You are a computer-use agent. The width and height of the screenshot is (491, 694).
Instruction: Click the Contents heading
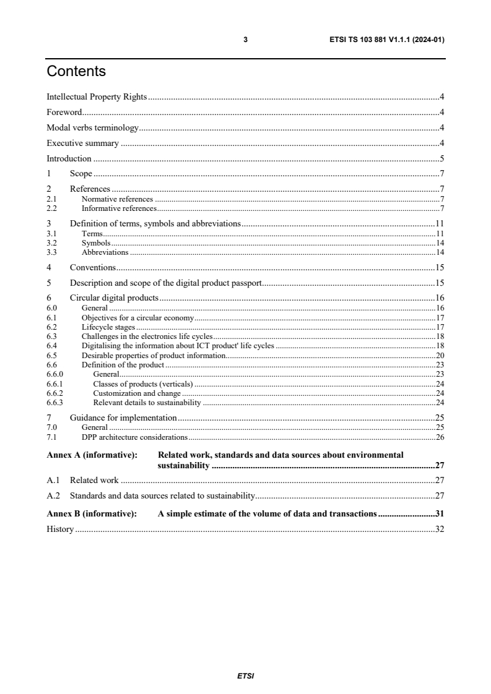point(76,72)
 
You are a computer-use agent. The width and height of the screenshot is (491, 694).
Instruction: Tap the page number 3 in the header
point(246,40)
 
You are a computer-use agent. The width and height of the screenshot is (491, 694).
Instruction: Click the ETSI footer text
point(246,675)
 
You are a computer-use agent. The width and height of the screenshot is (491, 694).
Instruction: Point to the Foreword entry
point(64,112)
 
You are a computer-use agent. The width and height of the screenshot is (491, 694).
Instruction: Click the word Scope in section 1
point(80,174)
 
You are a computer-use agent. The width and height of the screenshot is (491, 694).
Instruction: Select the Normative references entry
point(117,199)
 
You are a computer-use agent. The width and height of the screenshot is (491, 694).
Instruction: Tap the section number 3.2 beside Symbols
point(52,243)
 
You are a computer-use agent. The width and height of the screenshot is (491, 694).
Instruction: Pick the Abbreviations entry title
point(105,252)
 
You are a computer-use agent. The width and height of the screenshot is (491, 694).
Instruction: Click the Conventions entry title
point(93,268)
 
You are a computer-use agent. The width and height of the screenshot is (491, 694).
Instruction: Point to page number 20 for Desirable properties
point(440,356)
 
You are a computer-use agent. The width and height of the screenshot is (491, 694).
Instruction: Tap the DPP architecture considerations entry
point(134,437)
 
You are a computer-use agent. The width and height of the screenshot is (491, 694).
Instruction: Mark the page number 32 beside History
point(440,529)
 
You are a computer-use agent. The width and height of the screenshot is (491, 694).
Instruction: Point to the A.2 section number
point(53,495)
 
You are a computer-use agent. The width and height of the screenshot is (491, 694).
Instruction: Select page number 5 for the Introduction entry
point(442,159)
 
